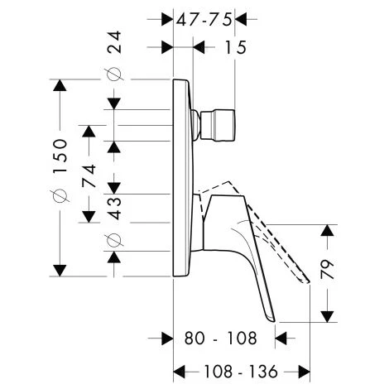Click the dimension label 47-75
click(x=204, y=20)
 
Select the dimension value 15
click(x=235, y=47)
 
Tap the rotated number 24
click(x=114, y=42)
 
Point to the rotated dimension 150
click(x=60, y=156)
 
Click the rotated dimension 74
click(x=89, y=175)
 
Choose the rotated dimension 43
click(x=114, y=208)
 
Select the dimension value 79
click(x=328, y=269)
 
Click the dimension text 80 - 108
click(x=220, y=338)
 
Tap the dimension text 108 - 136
click(x=240, y=372)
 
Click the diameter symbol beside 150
click(x=60, y=195)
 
